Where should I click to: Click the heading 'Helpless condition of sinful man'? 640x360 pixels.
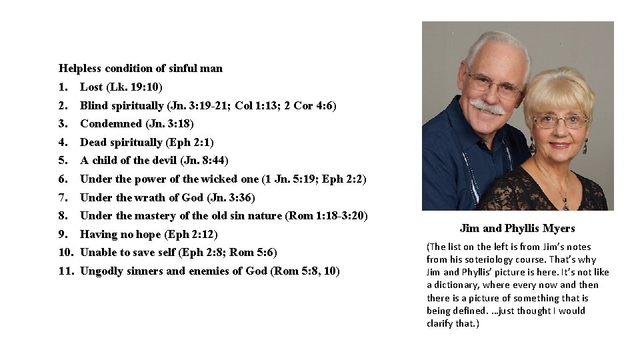click(x=141, y=68)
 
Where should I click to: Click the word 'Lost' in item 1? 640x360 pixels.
click(x=91, y=87)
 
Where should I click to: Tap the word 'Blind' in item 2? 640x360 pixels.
click(x=93, y=105)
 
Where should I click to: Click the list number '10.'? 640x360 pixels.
click(x=65, y=252)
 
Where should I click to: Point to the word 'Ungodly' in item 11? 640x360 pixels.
click(x=100, y=271)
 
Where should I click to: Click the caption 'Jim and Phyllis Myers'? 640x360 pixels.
click(x=517, y=228)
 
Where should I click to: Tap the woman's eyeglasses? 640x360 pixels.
click(x=560, y=121)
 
